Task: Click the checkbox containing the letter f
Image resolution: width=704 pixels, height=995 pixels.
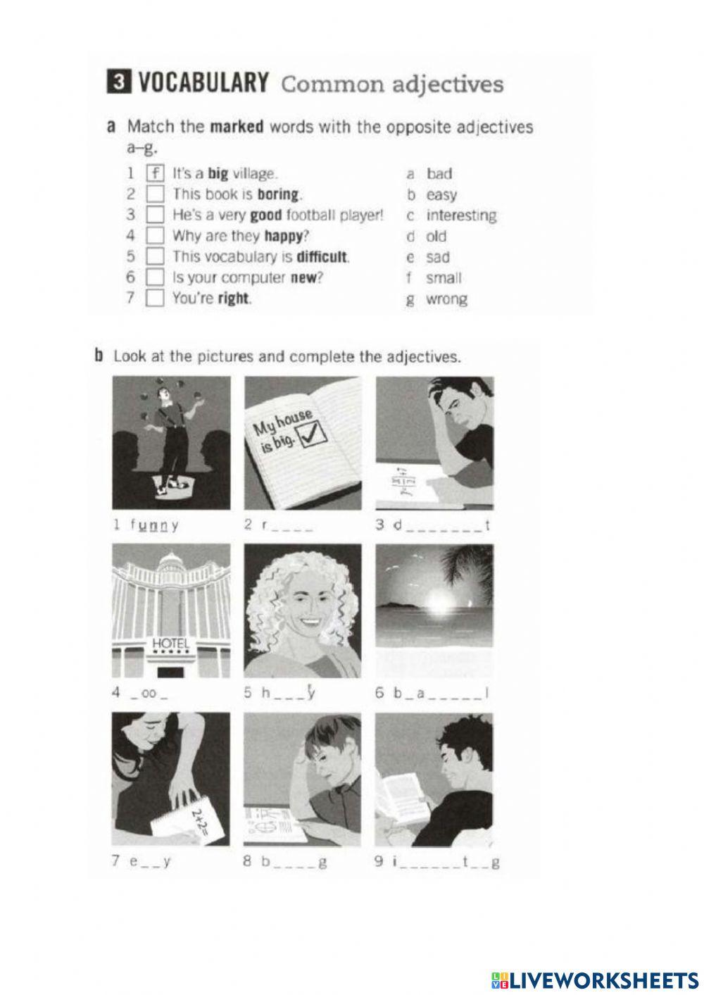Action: click(156, 173)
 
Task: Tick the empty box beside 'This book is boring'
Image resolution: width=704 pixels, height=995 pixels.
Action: click(156, 194)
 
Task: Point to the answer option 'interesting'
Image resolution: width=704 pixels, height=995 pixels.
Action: click(461, 215)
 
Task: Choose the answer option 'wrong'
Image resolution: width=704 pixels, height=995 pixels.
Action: click(446, 299)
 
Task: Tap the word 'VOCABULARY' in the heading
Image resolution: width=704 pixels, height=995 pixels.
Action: click(203, 84)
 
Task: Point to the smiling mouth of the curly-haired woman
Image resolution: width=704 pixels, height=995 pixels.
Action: click(306, 624)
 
